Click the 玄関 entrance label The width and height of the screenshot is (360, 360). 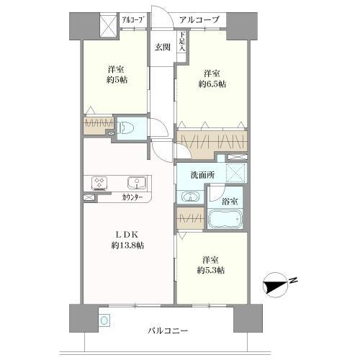[162, 48]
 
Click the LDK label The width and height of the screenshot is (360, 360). [127, 233]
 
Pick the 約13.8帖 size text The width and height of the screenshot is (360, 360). [127, 246]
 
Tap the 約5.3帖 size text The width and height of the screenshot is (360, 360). [210, 270]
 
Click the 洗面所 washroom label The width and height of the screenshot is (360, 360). [200, 175]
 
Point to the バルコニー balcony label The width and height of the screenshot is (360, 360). [168, 330]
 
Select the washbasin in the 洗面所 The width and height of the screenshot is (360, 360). [189, 197]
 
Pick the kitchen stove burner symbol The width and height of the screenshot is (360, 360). [99, 182]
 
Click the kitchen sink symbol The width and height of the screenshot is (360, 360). [134, 182]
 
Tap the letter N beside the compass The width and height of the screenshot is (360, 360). [293, 282]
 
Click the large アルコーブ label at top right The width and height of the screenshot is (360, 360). [199, 20]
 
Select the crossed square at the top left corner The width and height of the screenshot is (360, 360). [107, 26]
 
